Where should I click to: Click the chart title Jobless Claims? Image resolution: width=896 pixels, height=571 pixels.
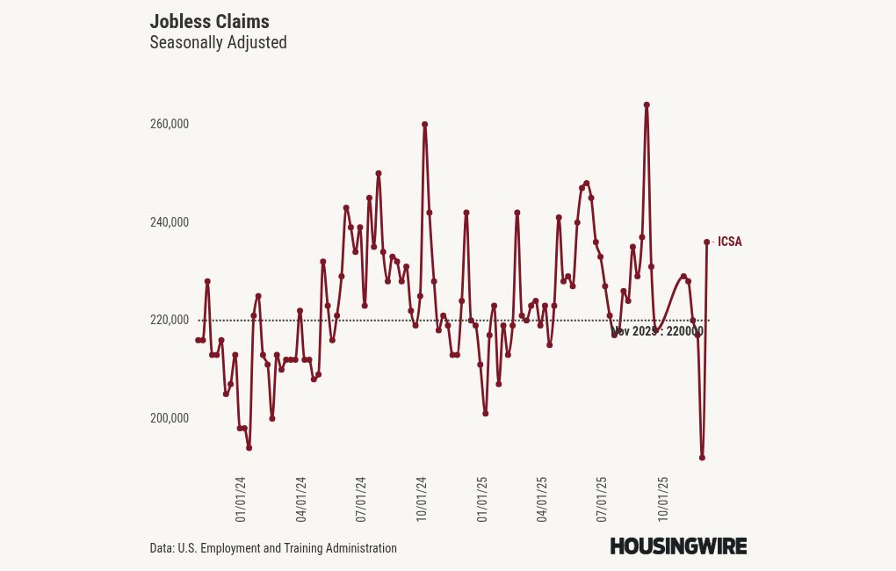click(x=209, y=21)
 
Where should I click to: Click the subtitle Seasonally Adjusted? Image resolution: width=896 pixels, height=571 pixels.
click(x=218, y=42)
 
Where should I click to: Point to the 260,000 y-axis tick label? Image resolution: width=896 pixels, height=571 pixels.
click(x=170, y=124)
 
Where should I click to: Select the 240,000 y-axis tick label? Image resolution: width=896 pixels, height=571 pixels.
click(x=170, y=222)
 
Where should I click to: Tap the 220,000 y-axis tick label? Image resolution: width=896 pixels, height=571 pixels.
click(x=170, y=320)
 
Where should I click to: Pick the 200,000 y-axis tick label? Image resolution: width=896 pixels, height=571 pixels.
click(x=170, y=418)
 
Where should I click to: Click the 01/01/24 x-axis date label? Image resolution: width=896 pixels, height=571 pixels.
click(x=241, y=500)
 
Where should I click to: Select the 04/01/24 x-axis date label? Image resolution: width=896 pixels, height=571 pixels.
click(x=301, y=500)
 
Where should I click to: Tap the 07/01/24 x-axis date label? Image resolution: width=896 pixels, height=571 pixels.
click(x=361, y=500)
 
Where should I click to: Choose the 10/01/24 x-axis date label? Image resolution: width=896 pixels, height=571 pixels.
click(x=422, y=500)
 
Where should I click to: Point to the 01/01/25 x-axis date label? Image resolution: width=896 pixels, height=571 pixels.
click(x=482, y=500)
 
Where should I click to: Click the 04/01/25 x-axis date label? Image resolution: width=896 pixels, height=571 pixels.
click(x=542, y=500)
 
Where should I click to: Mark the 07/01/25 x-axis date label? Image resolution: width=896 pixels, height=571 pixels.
click(x=602, y=500)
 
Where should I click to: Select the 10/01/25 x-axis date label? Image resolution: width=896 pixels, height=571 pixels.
click(x=662, y=500)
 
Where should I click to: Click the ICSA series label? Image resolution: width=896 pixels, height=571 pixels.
click(x=729, y=242)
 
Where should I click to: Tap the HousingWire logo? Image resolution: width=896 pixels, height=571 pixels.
click(x=678, y=546)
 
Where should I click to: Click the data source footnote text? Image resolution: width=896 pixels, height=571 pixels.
click(x=273, y=548)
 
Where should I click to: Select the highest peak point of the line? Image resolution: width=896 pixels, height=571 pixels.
click(x=647, y=105)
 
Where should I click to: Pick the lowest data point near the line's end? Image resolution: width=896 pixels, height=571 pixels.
click(x=702, y=458)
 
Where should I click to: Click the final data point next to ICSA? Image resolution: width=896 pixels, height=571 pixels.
click(x=706, y=242)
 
